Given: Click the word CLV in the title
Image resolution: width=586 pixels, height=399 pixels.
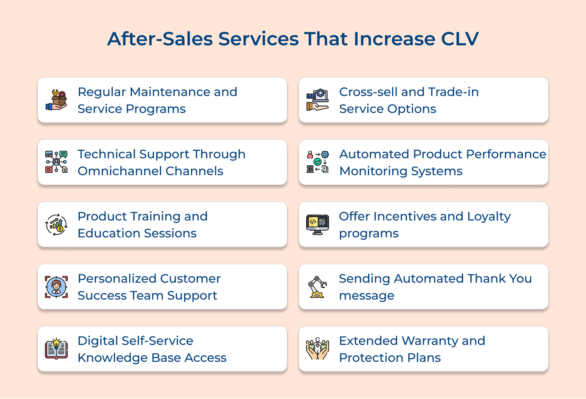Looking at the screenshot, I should (460, 39).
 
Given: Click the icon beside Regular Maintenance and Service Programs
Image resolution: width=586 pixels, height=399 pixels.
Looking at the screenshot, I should (56, 100).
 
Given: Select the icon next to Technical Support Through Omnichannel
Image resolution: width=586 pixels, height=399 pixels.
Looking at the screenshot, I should (56, 162).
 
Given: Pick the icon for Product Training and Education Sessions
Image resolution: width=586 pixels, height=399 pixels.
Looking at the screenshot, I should (56, 224).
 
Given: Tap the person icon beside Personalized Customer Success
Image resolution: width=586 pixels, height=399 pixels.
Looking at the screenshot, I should (56, 287).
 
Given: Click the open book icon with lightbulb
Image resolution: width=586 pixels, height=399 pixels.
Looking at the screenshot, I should (56, 349).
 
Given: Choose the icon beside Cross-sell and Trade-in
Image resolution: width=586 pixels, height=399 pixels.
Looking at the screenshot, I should (318, 100).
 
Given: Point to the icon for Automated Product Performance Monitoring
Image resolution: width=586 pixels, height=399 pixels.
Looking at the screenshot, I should (318, 162).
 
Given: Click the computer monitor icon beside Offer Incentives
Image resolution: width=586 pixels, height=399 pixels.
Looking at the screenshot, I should (318, 224).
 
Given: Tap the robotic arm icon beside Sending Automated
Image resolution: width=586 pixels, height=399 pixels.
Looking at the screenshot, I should (318, 287).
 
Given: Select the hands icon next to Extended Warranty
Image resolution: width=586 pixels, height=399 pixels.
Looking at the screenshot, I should (318, 349).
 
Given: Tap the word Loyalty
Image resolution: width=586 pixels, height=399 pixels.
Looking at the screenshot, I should (489, 217).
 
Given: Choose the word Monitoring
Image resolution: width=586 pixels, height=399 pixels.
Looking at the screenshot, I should (373, 171).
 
